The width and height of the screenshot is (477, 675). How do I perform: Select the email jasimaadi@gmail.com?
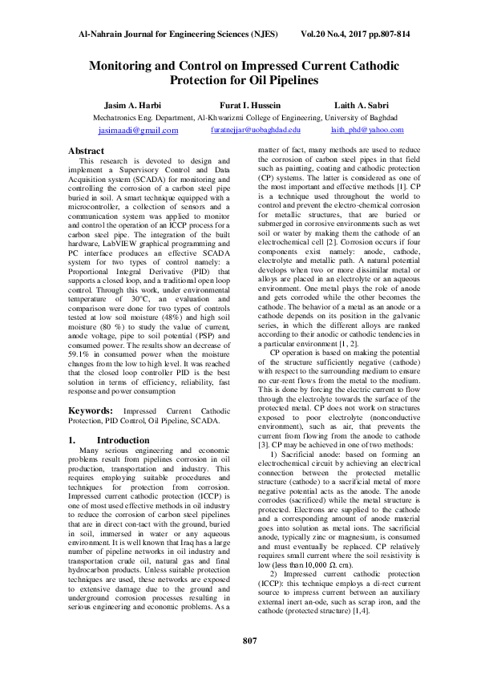138,130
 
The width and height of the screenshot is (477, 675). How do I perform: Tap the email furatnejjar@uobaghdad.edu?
255,129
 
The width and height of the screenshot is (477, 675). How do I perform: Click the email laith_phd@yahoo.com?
366,129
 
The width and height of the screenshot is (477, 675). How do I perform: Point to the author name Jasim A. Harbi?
132,105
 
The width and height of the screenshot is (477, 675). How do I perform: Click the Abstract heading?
86,151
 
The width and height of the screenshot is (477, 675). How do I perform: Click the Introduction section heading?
124,440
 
